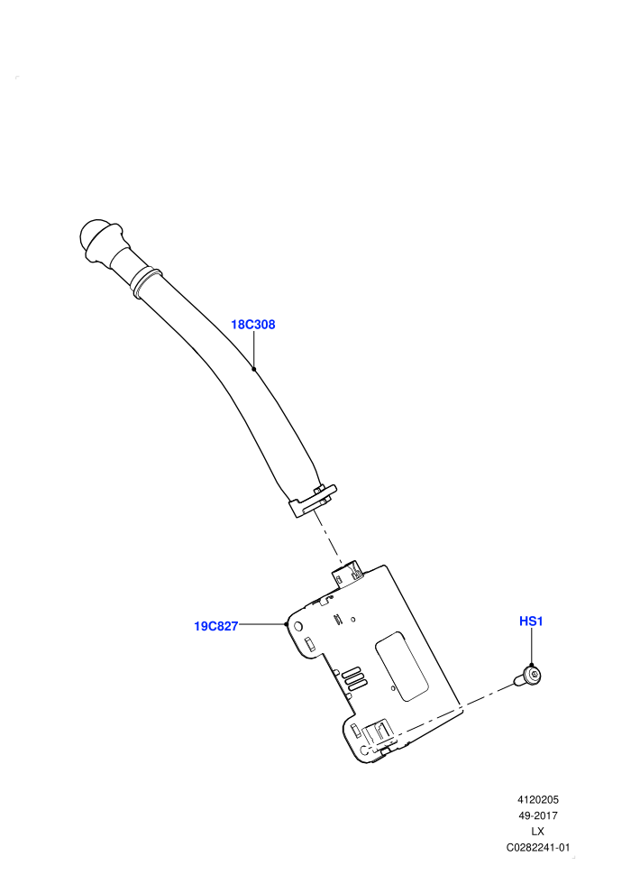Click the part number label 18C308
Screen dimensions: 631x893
[252, 325]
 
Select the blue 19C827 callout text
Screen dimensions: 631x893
[215, 627]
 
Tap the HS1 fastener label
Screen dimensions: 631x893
[531, 621]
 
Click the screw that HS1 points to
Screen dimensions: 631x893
[527, 677]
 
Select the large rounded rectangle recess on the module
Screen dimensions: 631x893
[401, 666]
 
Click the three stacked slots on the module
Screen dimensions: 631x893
[353, 678]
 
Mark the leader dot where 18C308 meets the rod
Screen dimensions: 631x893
[254, 369]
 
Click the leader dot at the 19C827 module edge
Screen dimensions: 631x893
[286, 624]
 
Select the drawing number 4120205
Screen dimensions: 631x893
[537, 799]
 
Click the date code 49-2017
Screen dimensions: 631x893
[537, 815]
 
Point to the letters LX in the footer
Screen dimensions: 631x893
[537, 832]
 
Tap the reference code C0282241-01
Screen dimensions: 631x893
[537, 847]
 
